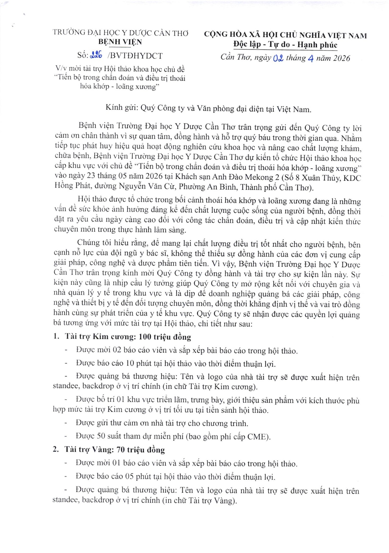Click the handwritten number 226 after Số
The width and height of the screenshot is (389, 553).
(x=96, y=55)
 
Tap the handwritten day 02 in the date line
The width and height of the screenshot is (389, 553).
(x=278, y=58)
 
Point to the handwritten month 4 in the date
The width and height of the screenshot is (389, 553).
(x=310, y=58)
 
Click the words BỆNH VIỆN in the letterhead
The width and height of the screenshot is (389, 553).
(x=120, y=42)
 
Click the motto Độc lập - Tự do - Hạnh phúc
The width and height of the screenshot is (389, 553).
(x=285, y=45)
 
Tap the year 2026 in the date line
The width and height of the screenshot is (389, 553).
(x=339, y=58)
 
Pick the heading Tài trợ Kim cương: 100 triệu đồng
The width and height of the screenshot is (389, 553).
(x=128, y=336)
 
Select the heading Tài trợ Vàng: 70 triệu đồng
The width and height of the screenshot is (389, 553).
(x=114, y=450)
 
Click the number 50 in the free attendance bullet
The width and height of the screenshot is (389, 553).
(x=101, y=436)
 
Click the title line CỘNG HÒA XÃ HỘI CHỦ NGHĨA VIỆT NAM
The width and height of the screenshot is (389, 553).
(x=285, y=35)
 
